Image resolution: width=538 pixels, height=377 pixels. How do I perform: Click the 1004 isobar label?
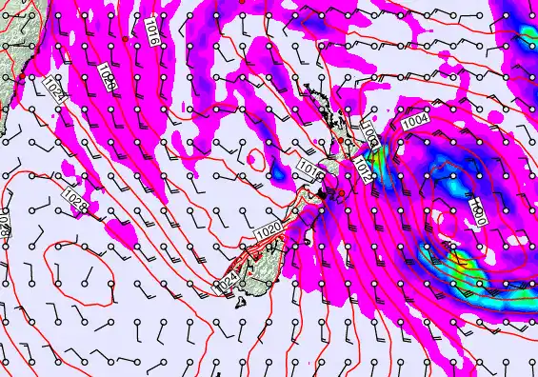pyautogui.click(x=415, y=122)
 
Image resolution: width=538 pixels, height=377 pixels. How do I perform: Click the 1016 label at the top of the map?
pyautogui.click(x=152, y=35)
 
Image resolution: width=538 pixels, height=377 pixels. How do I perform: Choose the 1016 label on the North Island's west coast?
pyautogui.click(x=308, y=169)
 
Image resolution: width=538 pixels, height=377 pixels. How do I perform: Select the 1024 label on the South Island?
pyautogui.click(x=227, y=282)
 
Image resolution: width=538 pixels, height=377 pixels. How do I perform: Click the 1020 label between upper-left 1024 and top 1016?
pyautogui.click(x=107, y=78)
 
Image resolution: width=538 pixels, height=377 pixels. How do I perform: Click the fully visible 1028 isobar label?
pyautogui.click(x=75, y=201)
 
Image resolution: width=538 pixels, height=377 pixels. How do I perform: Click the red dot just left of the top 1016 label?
pyautogui.click(x=126, y=38)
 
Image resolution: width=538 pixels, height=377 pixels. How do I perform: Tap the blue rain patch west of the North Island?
pyautogui.click(x=277, y=173)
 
